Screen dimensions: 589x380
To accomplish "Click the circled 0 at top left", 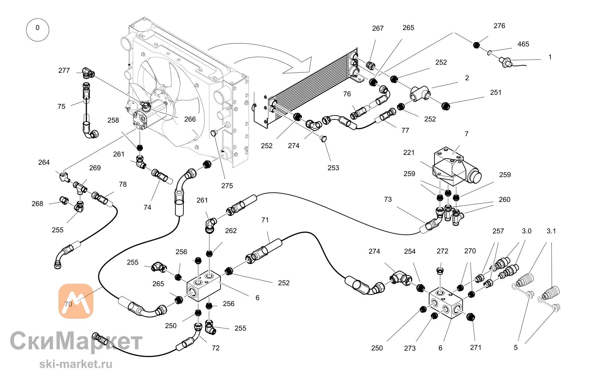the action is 37,30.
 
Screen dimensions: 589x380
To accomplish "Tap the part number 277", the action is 64,71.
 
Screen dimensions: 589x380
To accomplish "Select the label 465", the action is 523,44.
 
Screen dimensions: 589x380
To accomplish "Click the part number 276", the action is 499,26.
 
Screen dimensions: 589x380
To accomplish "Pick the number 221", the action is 409,153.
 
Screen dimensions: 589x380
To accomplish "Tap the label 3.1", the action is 551,231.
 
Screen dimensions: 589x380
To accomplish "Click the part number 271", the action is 476,348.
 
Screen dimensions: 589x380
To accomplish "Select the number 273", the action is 410,348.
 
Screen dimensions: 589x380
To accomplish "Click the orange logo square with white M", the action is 76,301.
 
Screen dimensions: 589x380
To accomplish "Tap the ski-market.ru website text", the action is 76,364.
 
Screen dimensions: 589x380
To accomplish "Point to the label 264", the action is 44,162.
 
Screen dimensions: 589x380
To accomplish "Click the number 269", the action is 95,168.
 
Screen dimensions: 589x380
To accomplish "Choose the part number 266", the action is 190,119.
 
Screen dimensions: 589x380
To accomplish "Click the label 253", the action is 333,168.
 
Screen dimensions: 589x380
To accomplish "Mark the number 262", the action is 231,231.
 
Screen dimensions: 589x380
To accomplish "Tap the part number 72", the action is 216,348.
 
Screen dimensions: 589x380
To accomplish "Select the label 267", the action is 378,28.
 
